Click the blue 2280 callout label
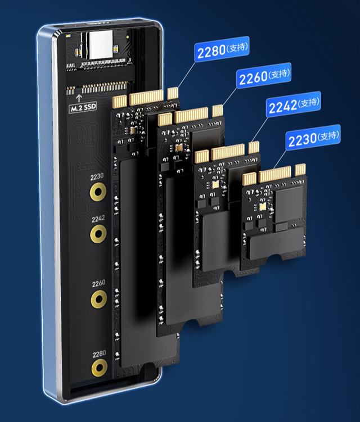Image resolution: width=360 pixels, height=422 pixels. click(222, 49)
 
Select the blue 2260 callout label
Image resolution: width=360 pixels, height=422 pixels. click(264, 75)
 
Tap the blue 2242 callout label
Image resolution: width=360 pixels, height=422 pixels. click(294, 104)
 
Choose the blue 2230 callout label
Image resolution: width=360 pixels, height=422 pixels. click(313, 138)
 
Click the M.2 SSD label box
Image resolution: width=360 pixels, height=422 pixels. click(83, 108)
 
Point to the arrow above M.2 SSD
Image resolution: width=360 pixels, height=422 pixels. click(79, 98)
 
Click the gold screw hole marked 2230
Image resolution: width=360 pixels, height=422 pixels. click(98, 192)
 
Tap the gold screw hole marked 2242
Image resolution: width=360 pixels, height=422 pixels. click(98, 234)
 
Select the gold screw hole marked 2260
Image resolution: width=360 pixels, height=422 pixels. click(99, 299)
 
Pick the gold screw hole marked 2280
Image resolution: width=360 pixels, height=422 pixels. click(100, 368)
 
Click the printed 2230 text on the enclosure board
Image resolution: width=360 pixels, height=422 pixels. click(97, 176)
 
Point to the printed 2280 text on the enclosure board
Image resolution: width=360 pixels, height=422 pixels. click(99, 354)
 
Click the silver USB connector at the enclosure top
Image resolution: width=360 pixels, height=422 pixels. click(101, 44)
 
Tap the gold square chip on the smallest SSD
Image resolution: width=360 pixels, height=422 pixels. click(262, 207)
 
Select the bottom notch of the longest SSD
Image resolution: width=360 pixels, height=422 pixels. click(148, 366)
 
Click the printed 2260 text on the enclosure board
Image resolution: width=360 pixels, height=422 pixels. click(98, 284)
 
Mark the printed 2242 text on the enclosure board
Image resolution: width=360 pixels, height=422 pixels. click(98, 219)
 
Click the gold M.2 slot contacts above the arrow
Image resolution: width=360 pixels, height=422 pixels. click(97, 88)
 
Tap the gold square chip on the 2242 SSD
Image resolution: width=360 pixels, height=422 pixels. click(215, 185)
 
